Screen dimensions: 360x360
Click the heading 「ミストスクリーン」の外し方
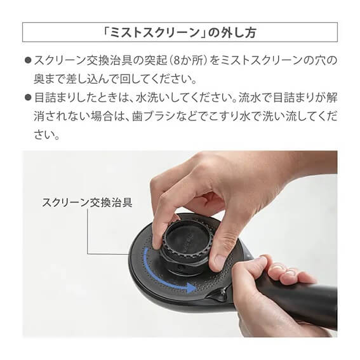(x=180, y=32)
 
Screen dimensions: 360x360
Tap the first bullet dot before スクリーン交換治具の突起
(x=28, y=60)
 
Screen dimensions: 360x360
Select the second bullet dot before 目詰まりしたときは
(x=28, y=97)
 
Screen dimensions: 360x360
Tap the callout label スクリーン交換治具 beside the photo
(x=87, y=203)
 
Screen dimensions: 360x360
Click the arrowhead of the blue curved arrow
(x=190, y=288)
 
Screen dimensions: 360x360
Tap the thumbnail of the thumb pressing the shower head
(x=218, y=261)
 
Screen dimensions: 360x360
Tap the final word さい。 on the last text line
(x=47, y=135)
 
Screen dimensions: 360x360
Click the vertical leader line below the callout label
(x=88, y=231)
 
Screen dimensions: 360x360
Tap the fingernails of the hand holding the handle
(x=283, y=271)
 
